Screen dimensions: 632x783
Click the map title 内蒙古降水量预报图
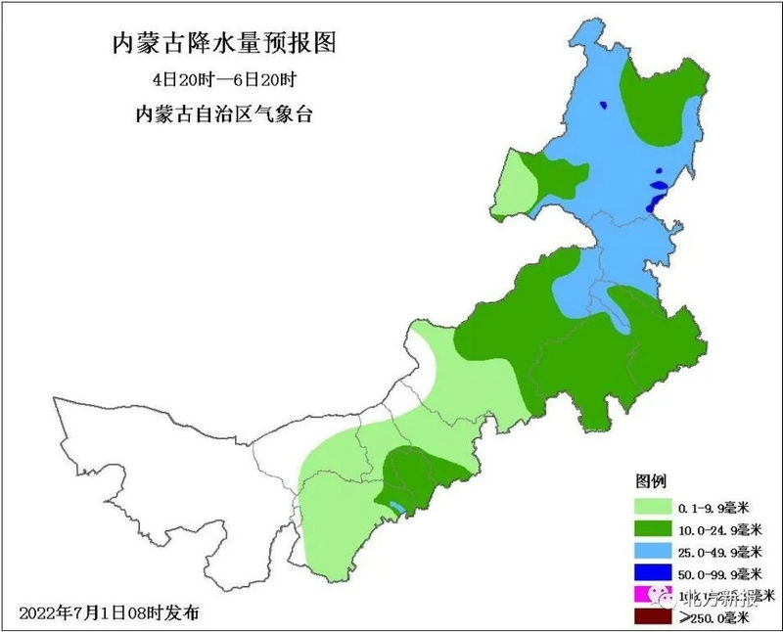point(224,44)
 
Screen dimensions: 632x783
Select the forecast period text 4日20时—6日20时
point(224,80)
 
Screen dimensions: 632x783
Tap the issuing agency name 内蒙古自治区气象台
point(224,113)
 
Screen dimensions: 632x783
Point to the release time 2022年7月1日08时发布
point(109,613)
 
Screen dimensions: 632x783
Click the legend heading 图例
point(651,481)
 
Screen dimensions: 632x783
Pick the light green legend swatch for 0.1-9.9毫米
point(653,507)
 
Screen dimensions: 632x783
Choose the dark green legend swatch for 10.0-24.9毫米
point(653,528)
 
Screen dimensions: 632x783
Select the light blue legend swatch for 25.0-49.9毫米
point(653,550)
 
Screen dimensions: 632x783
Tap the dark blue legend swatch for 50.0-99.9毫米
point(653,572)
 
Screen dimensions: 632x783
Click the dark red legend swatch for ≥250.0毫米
point(653,616)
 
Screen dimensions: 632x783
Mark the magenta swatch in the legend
point(647,594)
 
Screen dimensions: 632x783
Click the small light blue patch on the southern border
point(395,507)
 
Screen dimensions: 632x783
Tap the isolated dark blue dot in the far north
point(606,106)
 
